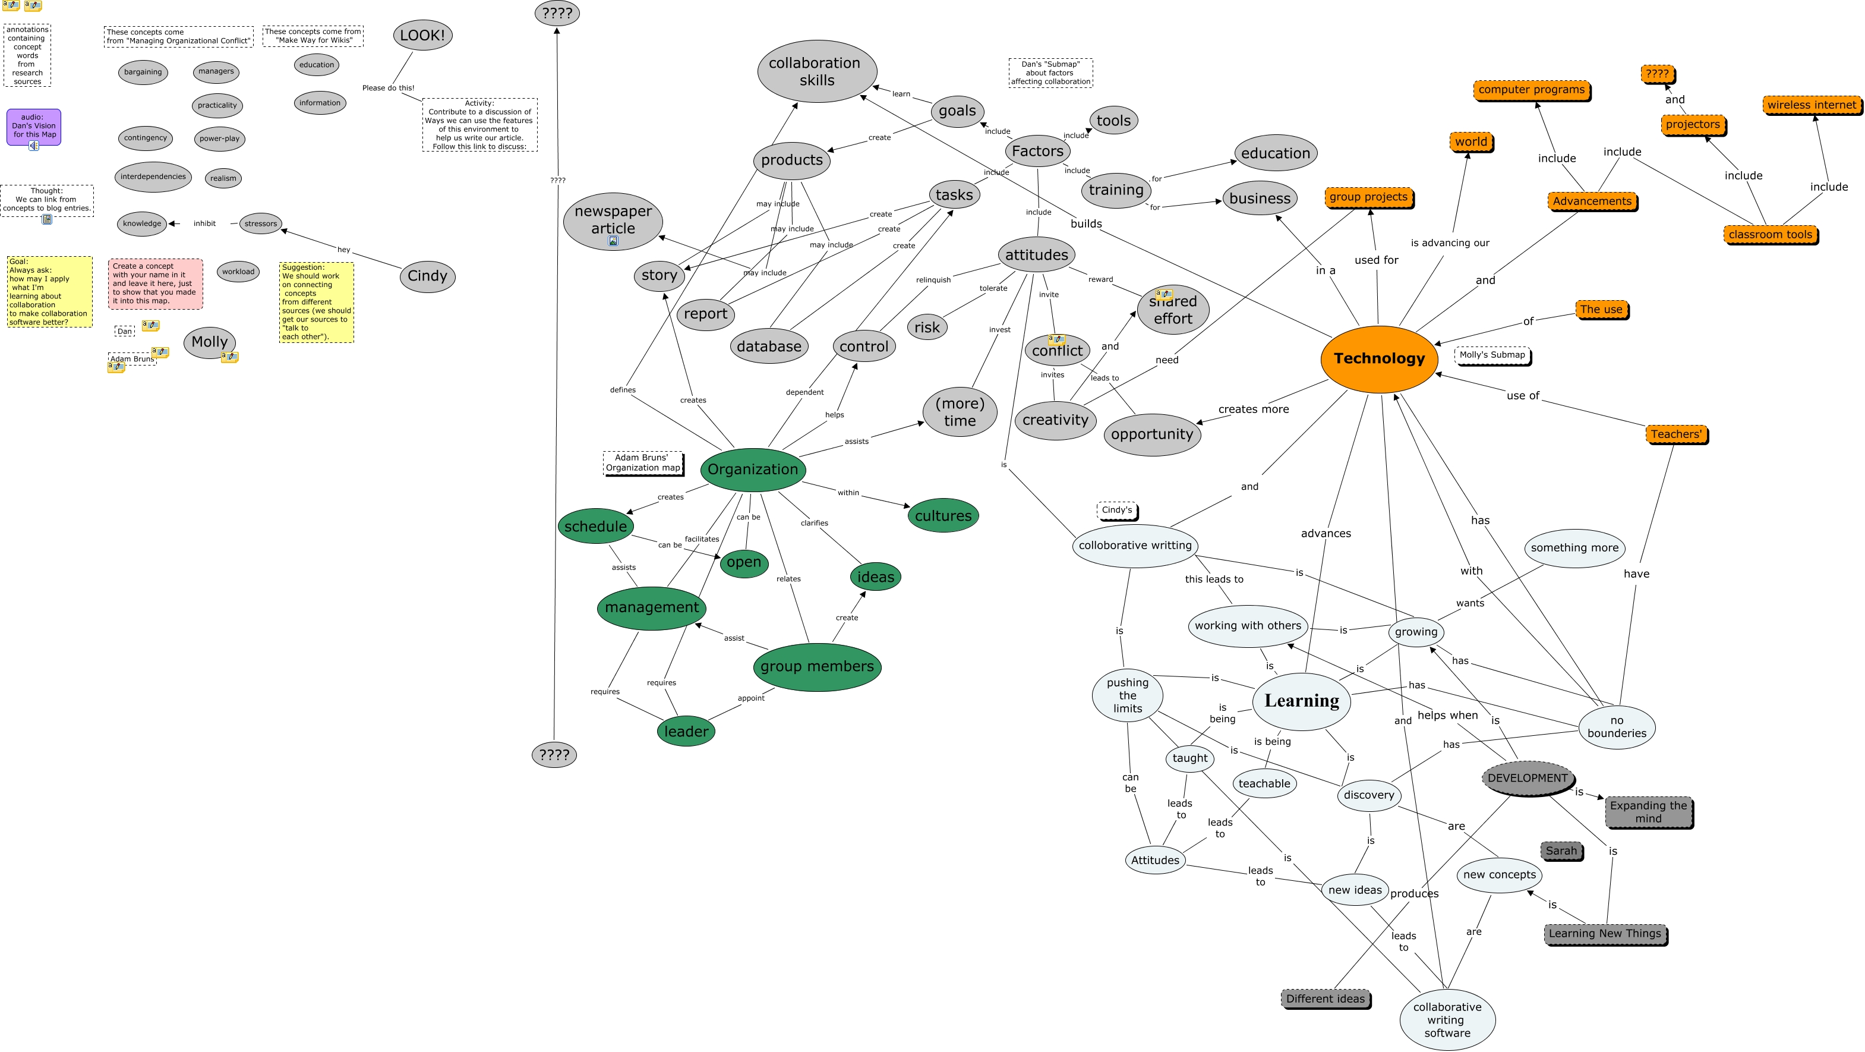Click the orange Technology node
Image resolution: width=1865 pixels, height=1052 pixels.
click(1378, 359)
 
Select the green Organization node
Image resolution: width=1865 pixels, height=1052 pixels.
click(752, 469)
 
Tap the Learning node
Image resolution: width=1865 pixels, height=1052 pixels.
click(1301, 701)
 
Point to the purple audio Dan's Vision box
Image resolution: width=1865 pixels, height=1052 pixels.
click(33, 127)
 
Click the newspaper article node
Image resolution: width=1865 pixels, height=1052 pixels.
click(613, 220)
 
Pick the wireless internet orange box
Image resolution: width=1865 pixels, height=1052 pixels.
click(1812, 105)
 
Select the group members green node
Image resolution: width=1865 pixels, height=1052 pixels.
click(817, 666)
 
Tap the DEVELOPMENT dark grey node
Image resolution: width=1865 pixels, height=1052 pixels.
click(1527, 779)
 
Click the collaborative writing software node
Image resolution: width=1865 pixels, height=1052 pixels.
click(1447, 1019)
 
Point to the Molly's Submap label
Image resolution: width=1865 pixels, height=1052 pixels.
click(1491, 355)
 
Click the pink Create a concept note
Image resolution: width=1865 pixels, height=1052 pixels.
click(155, 284)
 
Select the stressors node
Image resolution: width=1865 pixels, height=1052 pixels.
click(261, 223)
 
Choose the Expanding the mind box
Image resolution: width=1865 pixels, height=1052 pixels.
click(1648, 812)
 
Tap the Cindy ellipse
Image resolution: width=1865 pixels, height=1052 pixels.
click(427, 276)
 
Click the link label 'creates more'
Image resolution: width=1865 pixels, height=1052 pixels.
click(1253, 409)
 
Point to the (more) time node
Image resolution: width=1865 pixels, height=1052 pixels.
click(960, 412)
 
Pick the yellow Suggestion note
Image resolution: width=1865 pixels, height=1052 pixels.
click(317, 302)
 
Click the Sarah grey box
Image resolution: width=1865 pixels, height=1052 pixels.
click(1561, 851)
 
